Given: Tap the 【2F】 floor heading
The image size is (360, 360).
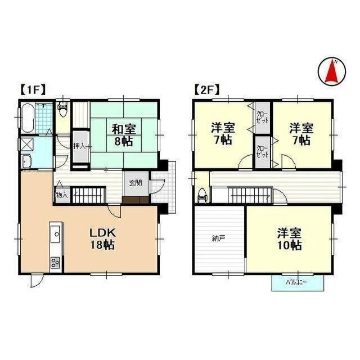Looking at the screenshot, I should (206, 89).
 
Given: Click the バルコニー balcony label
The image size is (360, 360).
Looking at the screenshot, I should (296, 281).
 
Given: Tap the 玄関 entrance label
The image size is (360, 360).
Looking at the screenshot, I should (135, 182).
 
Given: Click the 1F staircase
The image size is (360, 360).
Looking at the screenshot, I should (88, 195).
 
